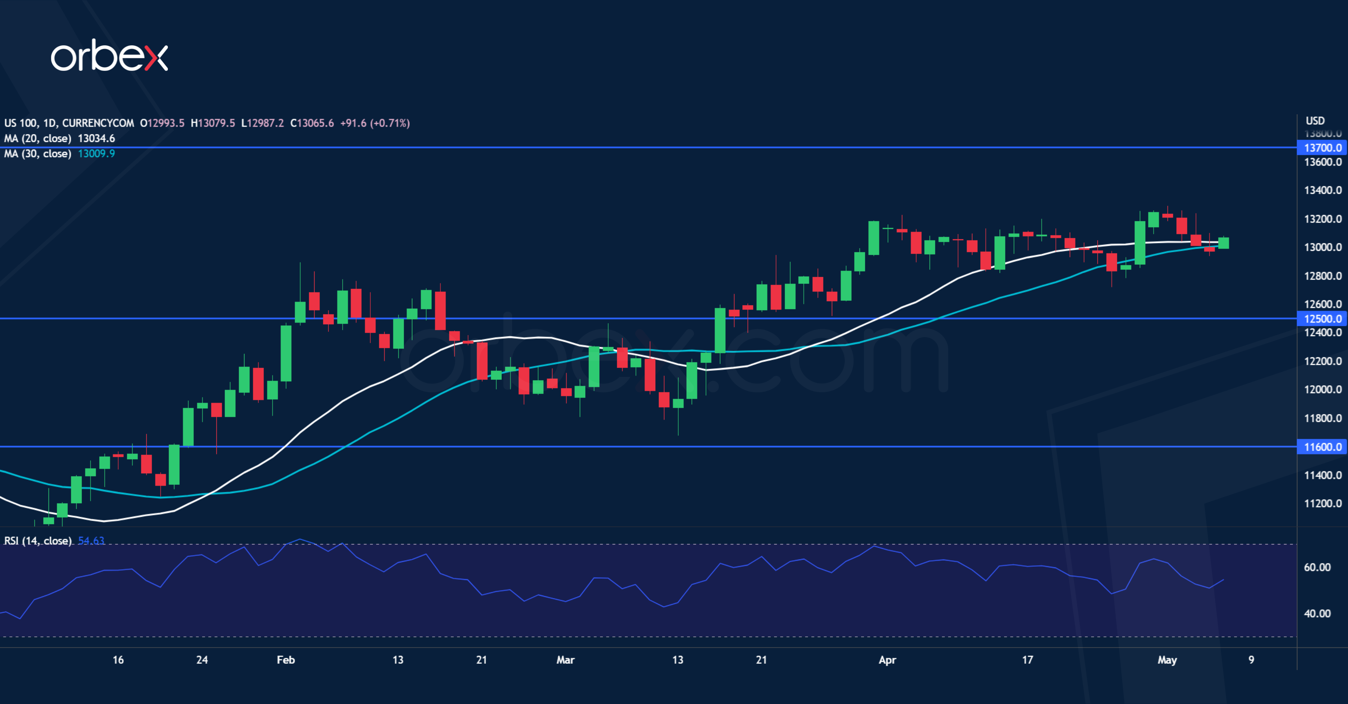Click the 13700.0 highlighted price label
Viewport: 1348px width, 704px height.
point(1322,148)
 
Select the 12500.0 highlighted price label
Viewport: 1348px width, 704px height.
point(1322,318)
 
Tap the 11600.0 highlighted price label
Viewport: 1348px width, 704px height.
point(1322,447)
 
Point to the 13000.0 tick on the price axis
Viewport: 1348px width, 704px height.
point(1322,247)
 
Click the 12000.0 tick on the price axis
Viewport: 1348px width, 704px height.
point(1322,390)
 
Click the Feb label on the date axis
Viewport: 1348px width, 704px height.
point(286,660)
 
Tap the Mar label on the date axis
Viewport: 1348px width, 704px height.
point(565,660)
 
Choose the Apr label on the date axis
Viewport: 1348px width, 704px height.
point(888,660)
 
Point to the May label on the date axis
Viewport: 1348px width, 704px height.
point(1167,660)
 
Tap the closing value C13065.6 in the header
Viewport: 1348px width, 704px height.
point(312,123)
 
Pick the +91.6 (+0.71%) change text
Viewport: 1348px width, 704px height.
point(375,123)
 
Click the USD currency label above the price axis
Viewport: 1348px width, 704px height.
point(1315,121)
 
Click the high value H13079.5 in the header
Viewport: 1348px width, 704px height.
point(212,123)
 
